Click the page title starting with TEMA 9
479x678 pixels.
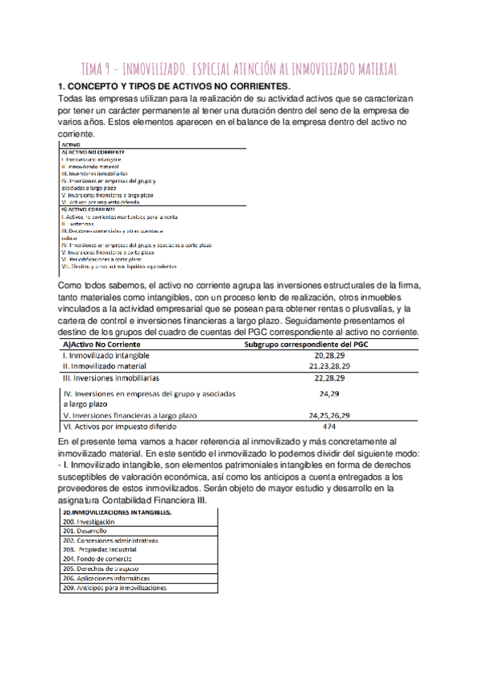(x=239, y=69)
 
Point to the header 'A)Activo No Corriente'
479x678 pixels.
(x=95, y=345)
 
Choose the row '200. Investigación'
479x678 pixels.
(x=94, y=521)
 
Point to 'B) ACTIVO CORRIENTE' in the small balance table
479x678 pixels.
(x=88, y=209)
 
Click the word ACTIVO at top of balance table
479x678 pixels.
(x=72, y=145)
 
